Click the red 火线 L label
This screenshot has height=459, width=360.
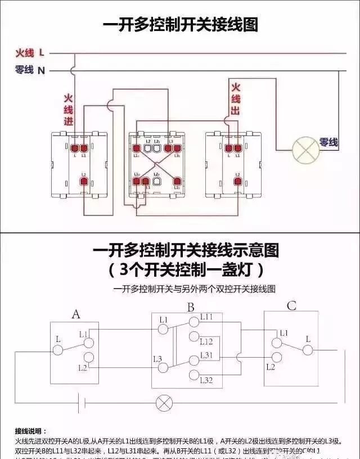point(30,53)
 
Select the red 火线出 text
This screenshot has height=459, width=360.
point(235,99)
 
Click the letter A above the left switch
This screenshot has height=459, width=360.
point(76,314)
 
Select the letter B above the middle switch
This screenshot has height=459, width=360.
point(191,308)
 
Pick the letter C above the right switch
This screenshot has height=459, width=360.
point(291,307)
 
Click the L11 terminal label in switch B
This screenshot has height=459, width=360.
point(206,317)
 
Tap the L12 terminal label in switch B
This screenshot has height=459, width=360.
point(206,341)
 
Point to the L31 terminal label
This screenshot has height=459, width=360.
point(206,355)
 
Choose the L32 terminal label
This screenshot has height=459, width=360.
point(206,381)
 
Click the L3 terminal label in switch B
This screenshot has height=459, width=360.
point(157,358)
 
